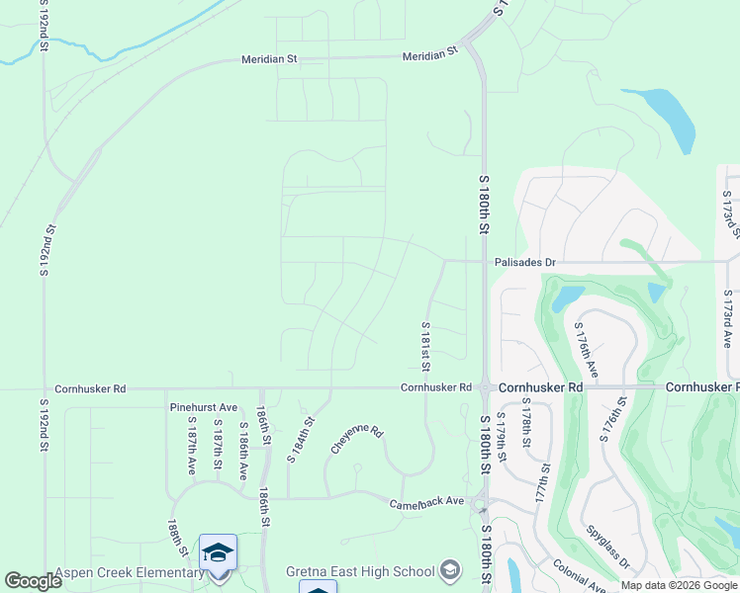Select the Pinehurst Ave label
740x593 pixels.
pos(204,407)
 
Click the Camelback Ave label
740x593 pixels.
pos(426,502)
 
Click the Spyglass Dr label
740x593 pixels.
pos(607,548)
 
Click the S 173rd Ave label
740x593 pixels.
pos(727,319)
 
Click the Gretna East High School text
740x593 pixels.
pos(360,571)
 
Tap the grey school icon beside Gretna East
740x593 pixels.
pos(451,570)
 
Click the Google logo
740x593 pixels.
pos(34,581)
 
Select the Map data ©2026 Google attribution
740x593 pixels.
pos(678,585)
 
